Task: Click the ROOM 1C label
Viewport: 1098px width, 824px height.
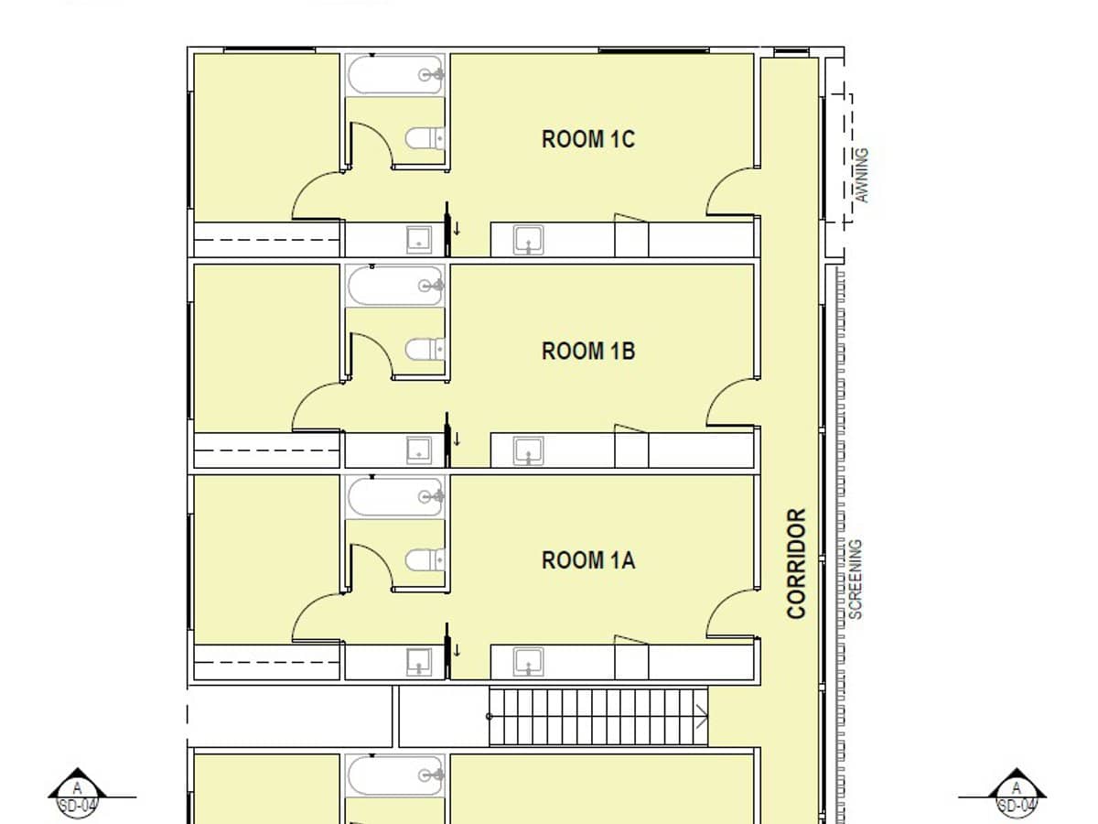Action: click(x=588, y=139)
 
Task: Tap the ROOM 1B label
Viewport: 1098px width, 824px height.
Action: click(x=588, y=351)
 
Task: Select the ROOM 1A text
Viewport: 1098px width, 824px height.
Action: click(x=588, y=560)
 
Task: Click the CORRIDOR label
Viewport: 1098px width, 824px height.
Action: click(x=797, y=563)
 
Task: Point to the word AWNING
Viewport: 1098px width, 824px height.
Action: click(x=861, y=175)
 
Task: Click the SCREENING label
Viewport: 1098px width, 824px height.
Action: click(x=856, y=580)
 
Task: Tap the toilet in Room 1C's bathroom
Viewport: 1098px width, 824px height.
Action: click(x=425, y=139)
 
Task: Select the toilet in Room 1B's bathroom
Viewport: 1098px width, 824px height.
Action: click(x=425, y=350)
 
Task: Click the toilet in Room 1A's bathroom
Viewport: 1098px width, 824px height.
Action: click(x=425, y=559)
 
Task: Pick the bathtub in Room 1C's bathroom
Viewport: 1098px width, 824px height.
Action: click(x=396, y=75)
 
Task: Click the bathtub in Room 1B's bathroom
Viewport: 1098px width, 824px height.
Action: click(x=396, y=286)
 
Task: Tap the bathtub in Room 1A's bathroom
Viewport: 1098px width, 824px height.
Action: click(x=396, y=496)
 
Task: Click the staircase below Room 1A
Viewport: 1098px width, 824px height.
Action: click(x=598, y=716)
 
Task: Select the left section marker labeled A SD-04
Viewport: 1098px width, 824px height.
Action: click(x=78, y=790)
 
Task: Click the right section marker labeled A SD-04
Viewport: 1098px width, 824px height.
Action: click(x=1016, y=790)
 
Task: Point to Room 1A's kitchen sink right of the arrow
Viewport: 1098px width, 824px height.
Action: click(x=528, y=661)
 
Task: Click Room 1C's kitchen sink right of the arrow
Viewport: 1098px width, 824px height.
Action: click(x=528, y=240)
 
